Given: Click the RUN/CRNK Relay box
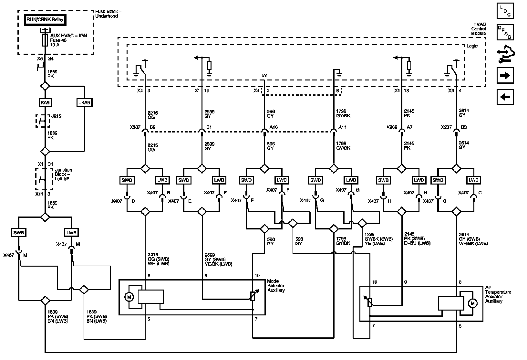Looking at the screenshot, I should (x=45, y=19).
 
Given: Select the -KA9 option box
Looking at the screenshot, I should (x=84, y=103).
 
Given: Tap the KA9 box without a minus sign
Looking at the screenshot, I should (x=45, y=103).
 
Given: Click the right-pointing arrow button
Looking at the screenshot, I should (x=505, y=76).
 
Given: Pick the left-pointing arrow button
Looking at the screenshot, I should (x=505, y=97).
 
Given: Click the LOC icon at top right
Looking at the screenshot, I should (x=505, y=11).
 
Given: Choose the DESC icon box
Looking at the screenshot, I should (x=505, y=32).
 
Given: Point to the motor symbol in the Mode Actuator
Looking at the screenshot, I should (x=129, y=297).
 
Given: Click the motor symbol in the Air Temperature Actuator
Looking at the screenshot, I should (x=473, y=303).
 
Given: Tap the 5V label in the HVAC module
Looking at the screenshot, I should (x=264, y=76).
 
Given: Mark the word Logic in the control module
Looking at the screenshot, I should (x=472, y=46).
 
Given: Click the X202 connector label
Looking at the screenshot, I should (x=392, y=127).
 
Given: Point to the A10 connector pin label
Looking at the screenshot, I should (x=274, y=127).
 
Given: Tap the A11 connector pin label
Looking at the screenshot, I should (x=342, y=127).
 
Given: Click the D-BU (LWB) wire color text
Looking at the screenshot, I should (x=417, y=243).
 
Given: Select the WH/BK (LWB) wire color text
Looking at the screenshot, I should (x=473, y=244).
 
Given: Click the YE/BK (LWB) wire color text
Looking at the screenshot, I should (x=218, y=264).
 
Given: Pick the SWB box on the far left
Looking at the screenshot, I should (x=19, y=232).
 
